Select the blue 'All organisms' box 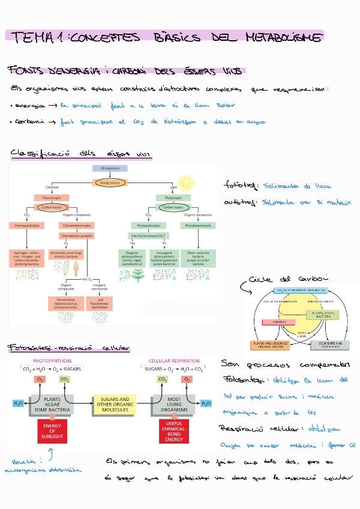pos(109,170)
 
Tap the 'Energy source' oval pos(109,182)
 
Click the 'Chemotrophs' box pos(52,197)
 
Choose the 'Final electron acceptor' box pos(75,235)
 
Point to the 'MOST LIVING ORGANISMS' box pos(175,403)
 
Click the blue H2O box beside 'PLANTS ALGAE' pos(18,403)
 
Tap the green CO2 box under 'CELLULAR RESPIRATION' pos(163,379)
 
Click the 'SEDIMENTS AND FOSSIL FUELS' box pos(328,345)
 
